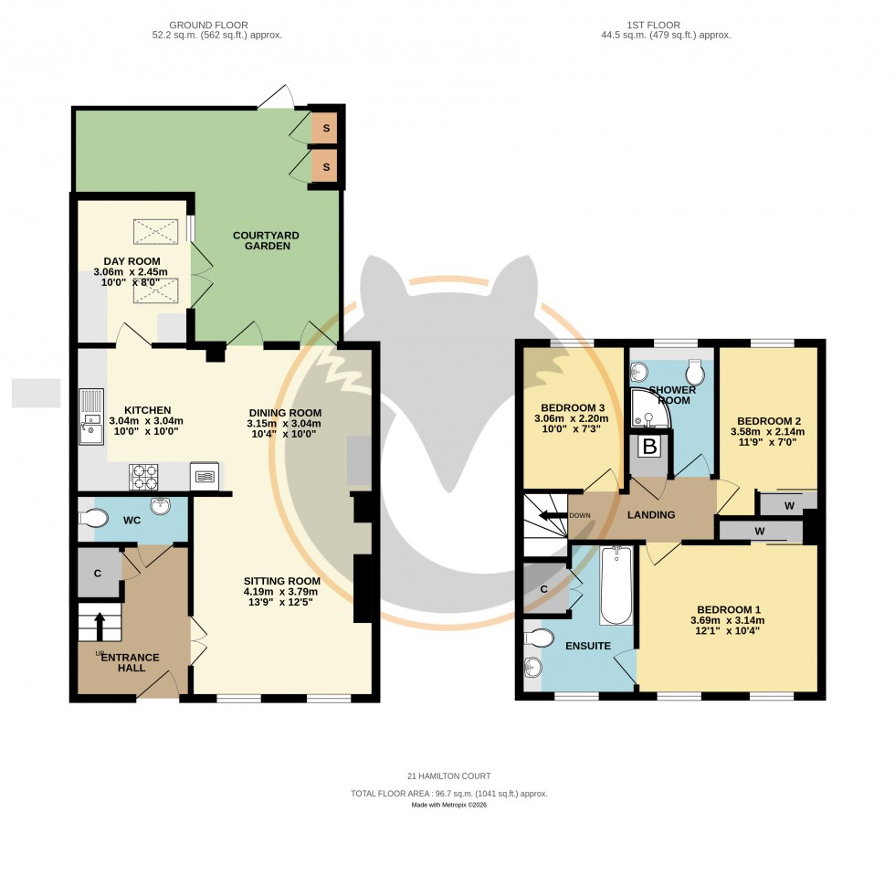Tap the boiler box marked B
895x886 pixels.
pos(649,448)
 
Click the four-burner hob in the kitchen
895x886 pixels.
pos(145,476)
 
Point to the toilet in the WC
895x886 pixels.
pos(92,519)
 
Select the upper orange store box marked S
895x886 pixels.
pos(324,128)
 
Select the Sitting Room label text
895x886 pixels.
pos(281,581)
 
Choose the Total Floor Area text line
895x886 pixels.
pos(448,795)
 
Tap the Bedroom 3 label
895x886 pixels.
pos(573,407)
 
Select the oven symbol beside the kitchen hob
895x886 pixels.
pos(204,476)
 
